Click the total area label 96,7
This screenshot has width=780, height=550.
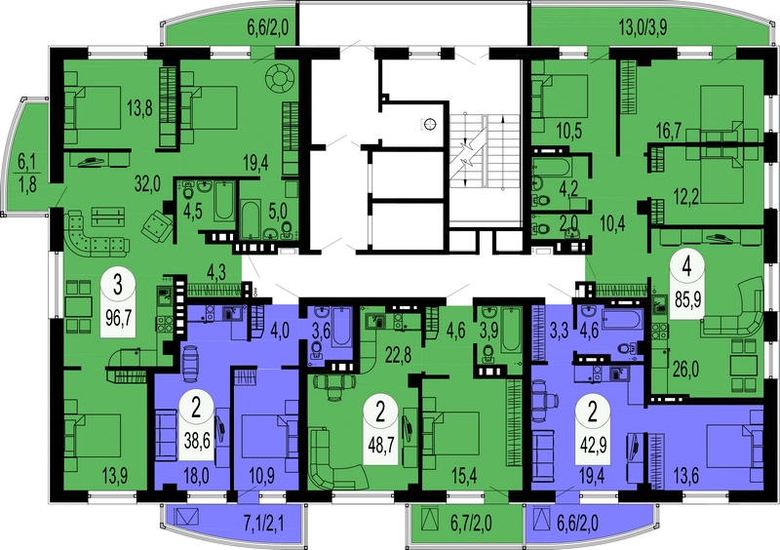pos(118,318)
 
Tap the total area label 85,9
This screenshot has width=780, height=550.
pos(688,299)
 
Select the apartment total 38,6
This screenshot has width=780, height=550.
pos(196,440)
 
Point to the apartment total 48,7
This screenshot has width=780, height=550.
pos(380,445)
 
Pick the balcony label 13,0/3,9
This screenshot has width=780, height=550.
pos(643,28)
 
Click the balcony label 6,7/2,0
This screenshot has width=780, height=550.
pos(471,523)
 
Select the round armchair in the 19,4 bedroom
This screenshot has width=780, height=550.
pos(280,78)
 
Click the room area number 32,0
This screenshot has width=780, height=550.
pos(147,184)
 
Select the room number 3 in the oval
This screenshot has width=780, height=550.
pos(118,288)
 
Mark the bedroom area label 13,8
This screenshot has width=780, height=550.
pos(139,109)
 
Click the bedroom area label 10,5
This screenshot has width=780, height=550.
pos(569,132)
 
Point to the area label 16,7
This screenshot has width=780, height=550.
pos(669,132)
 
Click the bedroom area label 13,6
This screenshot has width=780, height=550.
pos(685,475)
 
